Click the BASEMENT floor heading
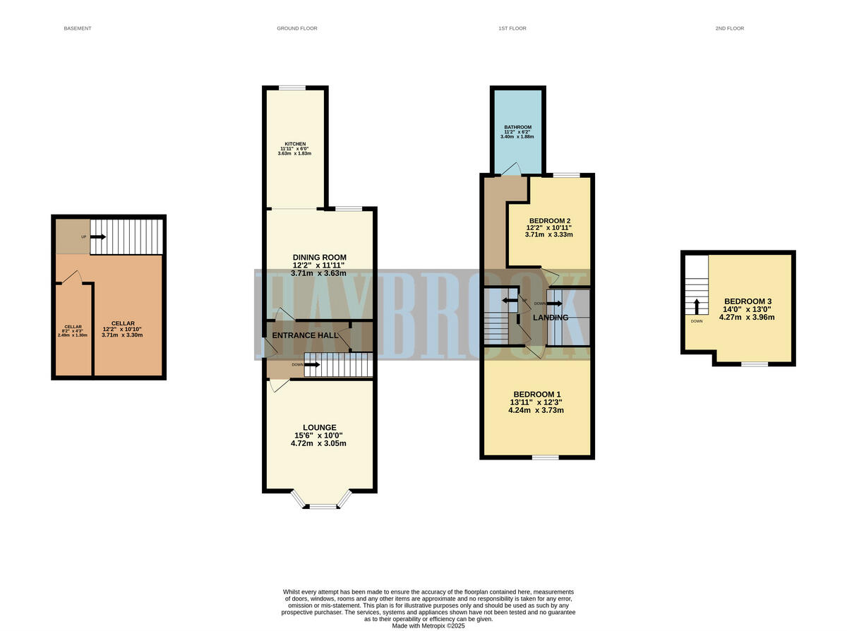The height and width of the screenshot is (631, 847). point(78,28)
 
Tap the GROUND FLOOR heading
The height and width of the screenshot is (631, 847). point(296,28)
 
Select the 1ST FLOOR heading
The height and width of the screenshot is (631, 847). point(512,28)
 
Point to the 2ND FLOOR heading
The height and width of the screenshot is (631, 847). point(730,28)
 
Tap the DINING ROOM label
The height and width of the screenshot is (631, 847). point(320,257)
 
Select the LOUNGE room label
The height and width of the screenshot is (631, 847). point(320,427)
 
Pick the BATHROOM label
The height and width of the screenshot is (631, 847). point(517,127)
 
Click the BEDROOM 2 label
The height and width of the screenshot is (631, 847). point(550,220)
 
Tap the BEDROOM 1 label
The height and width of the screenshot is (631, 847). point(537,394)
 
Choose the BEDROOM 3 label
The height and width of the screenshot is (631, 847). point(746,301)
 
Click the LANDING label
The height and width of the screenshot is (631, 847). point(551,318)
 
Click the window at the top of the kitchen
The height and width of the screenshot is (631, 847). point(292,88)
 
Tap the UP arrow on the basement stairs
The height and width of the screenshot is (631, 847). point(97,236)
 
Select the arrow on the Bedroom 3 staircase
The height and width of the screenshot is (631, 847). point(697,306)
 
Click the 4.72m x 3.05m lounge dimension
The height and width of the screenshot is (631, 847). point(320,443)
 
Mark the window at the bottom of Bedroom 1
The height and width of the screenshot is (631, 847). point(545,457)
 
